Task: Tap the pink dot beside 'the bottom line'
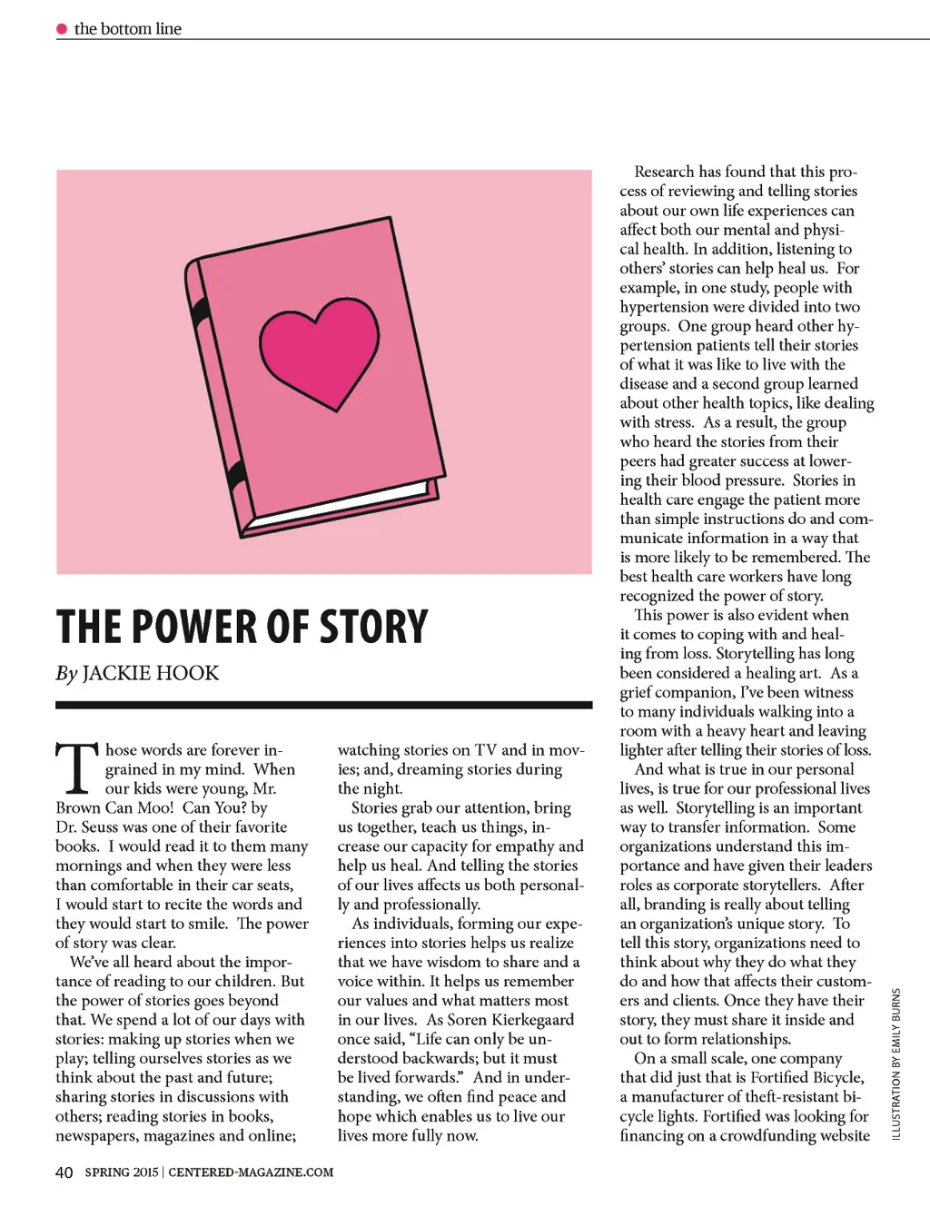(62, 29)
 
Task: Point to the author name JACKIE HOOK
(151, 673)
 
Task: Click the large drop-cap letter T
(77, 768)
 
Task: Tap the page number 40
(64, 1172)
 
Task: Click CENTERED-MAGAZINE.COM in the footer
(251, 1172)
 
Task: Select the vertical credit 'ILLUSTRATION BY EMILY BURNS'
(896, 1064)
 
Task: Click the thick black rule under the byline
(323, 705)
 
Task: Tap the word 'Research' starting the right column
(664, 172)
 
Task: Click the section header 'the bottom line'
(128, 29)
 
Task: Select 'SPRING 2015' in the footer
(122, 1172)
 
